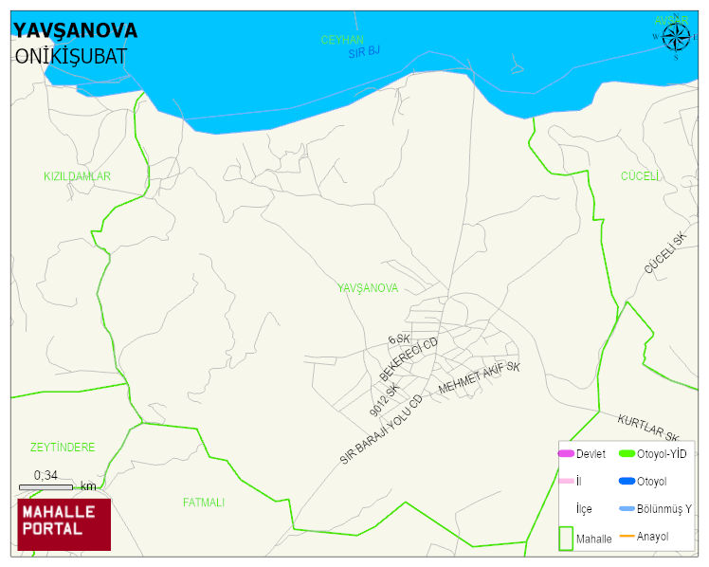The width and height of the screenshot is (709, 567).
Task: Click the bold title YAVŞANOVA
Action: click(76, 30)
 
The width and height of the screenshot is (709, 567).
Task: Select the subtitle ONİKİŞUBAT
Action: click(70, 56)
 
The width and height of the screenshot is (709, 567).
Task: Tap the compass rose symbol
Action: click(676, 37)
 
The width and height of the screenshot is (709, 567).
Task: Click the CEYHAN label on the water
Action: click(342, 39)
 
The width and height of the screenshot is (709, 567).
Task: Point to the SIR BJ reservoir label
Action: click(364, 51)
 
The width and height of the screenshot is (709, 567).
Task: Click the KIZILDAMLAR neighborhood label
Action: click(78, 176)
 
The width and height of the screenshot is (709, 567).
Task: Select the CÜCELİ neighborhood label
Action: click(640, 175)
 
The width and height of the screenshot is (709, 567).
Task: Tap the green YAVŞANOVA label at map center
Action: click(368, 287)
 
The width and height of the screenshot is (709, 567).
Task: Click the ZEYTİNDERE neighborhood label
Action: click(63, 447)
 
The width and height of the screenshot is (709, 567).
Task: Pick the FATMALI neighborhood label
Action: click(204, 503)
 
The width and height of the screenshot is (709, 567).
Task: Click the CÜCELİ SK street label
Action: click(664, 253)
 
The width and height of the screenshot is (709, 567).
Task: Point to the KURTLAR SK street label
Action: click(648, 428)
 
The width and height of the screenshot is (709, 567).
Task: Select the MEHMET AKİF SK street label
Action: click(480, 378)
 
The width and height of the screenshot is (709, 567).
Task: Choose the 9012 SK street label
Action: click(384, 401)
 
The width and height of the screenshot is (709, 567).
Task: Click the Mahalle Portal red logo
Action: click(64, 524)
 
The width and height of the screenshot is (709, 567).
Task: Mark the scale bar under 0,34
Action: click(45, 487)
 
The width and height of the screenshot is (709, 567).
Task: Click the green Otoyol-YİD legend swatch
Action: click(627, 454)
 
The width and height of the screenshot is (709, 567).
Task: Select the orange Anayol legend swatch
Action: click(627, 537)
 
